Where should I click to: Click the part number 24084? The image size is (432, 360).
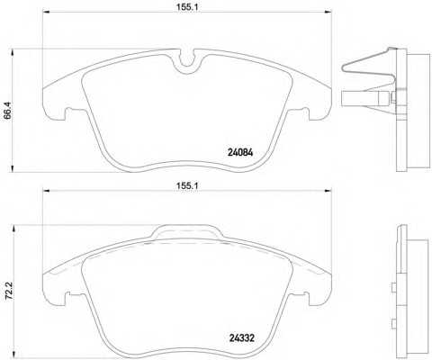(x=240, y=153)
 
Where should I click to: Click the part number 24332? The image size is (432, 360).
(x=242, y=338)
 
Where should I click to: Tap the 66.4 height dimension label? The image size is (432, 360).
(x=8, y=111)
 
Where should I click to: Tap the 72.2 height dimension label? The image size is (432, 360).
(x=9, y=291)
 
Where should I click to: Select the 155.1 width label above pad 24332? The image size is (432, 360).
(x=187, y=185)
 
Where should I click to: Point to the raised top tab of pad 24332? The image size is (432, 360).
(x=186, y=231)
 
